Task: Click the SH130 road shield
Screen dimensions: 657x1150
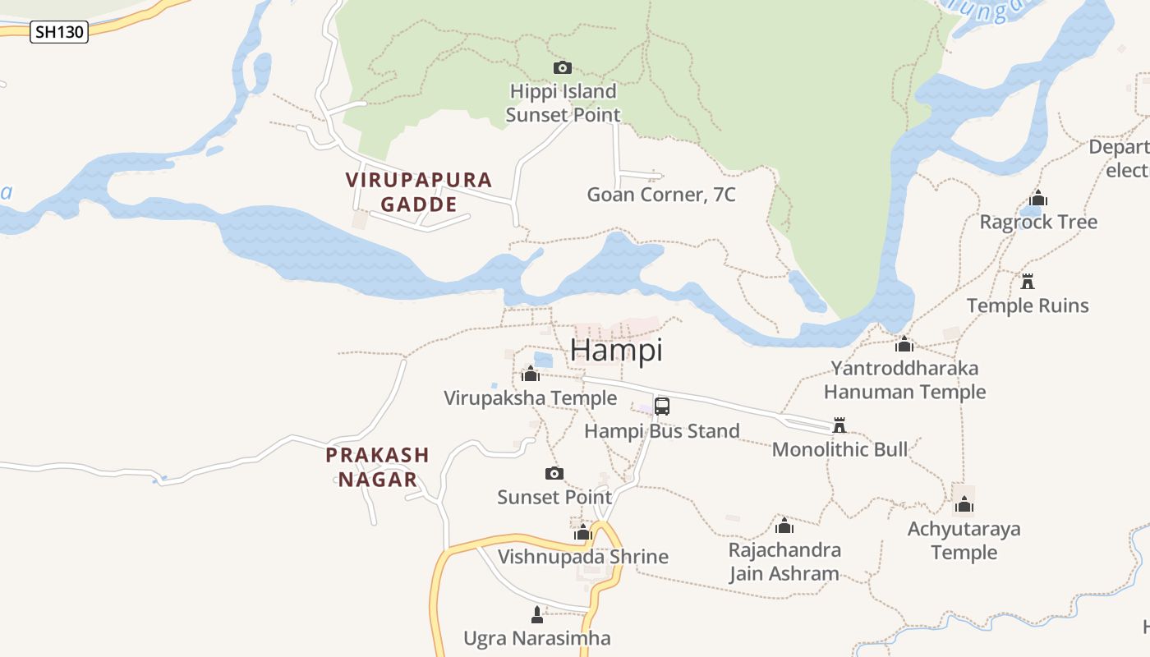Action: pos(59,33)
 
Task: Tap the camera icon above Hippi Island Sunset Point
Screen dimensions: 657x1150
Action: pos(563,67)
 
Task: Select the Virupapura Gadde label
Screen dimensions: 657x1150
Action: pos(419,191)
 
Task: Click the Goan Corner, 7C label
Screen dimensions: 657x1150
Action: pos(660,195)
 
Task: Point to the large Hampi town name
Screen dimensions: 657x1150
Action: pos(616,350)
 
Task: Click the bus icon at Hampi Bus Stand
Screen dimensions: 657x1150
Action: pos(662,406)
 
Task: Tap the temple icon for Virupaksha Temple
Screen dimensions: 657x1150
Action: pos(531,374)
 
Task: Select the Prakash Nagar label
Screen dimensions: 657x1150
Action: pos(378,466)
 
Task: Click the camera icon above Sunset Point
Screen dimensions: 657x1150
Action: pos(554,473)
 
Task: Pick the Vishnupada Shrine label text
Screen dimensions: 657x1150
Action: pos(583,556)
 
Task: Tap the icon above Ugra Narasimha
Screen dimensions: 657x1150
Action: pos(537,614)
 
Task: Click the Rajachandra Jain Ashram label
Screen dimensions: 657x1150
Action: pos(784,561)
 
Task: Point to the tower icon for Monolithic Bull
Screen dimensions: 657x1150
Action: pos(839,425)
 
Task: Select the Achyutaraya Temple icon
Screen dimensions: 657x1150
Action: pos(964,504)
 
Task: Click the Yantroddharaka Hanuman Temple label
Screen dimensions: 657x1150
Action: pos(904,379)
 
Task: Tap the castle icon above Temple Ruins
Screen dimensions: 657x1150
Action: pos(1027,282)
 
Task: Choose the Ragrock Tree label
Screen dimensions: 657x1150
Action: pos(1038,222)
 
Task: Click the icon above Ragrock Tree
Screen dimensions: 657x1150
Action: pos(1038,198)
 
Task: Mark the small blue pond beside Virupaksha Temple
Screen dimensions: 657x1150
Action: pos(544,360)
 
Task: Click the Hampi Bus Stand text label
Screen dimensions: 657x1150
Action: pos(661,430)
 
